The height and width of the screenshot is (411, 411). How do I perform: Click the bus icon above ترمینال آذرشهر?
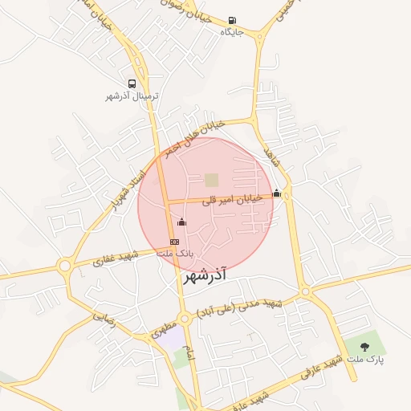click(132, 83)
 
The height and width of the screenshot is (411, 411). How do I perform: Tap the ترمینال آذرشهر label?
click(132, 96)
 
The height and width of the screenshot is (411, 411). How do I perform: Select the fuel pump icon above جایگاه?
click(232, 21)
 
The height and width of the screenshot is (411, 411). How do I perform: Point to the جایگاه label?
click(232, 33)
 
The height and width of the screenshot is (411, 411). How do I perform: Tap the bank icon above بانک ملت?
click(174, 242)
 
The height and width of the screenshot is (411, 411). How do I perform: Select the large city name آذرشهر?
click(205, 275)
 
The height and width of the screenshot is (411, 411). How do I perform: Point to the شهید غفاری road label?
click(116, 258)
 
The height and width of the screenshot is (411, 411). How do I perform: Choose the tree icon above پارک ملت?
click(365, 347)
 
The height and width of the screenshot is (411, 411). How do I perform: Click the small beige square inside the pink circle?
click(211, 180)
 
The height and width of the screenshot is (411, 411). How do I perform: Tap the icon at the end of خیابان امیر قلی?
click(277, 193)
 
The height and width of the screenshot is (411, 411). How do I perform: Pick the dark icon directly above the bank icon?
click(181, 222)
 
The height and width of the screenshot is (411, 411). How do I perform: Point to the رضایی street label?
click(104, 318)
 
